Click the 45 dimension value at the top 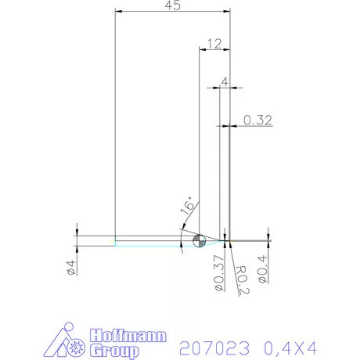(173, 5)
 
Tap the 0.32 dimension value (257, 120)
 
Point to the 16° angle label (188, 207)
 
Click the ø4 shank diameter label (70, 266)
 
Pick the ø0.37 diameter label (218, 273)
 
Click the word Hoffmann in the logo (128, 334)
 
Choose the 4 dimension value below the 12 (225, 81)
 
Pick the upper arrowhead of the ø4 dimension (77, 232)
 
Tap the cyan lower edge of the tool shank (149, 246)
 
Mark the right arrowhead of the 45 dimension (229, 11)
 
